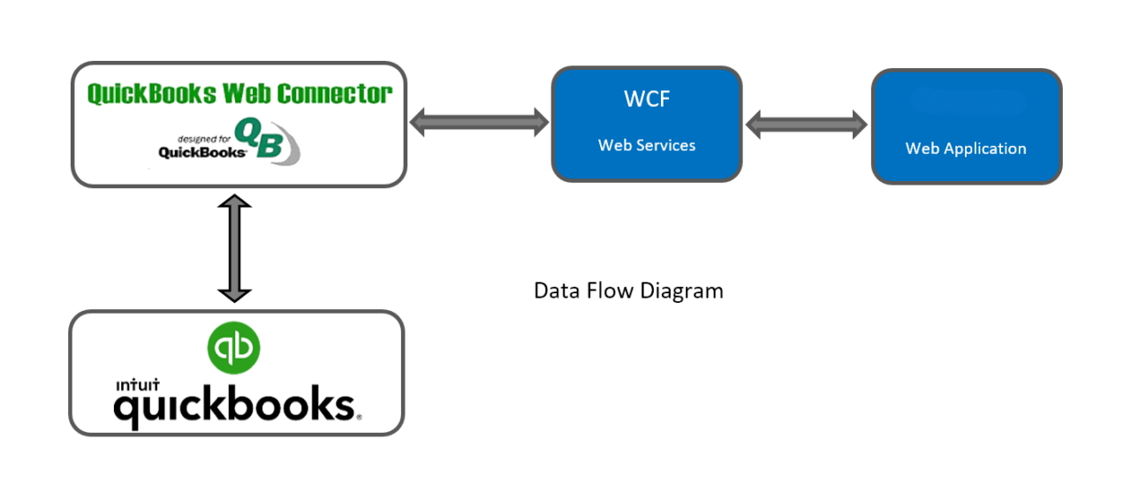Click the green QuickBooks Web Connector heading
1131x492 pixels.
click(239, 94)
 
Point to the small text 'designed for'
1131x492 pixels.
click(202, 139)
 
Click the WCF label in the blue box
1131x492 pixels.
click(647, 99)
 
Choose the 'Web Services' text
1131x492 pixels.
click(647, 145)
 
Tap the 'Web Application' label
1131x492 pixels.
click(966, 148)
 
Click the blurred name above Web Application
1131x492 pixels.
click(967, 102)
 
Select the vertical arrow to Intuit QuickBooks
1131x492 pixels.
click(235, 248)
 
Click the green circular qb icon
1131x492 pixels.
click(234, 348)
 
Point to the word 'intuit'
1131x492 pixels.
click(136, 385)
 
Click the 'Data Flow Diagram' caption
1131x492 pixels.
click(628, 291)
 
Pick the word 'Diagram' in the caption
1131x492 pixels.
click(685, 291)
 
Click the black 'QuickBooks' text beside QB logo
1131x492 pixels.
click(201, 152)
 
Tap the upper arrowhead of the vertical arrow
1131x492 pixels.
click(235, 205)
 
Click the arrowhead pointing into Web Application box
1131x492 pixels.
click(856, 124)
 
